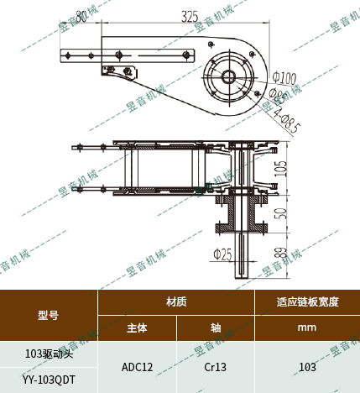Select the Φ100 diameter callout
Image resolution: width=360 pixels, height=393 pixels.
[285, 80]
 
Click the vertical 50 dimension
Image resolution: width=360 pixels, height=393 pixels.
[282, 212]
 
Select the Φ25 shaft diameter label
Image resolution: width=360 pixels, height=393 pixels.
[222, 254]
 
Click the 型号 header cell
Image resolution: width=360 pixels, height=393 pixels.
[49, 315]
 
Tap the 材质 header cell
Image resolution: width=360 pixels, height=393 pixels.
[176, 301]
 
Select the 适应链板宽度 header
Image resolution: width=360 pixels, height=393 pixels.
[307, 301]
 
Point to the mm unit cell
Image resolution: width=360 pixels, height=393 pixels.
[307, 327]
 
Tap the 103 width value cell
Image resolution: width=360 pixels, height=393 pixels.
[307, 367]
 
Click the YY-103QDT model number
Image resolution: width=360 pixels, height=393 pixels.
[49, 380]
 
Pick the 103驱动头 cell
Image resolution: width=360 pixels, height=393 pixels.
[49, 354]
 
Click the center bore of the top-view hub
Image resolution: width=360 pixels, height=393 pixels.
[227, 76]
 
